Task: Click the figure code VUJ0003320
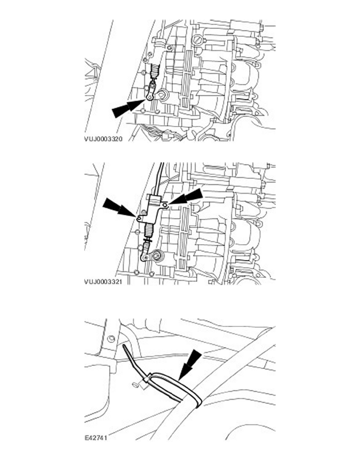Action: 104,139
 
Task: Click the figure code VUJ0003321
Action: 103,281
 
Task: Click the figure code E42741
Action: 96,438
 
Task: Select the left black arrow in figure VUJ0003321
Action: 119,208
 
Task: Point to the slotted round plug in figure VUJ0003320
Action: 198,40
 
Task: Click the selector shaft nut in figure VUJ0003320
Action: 162,95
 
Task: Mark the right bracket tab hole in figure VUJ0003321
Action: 166,204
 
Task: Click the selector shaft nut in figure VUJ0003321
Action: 156,255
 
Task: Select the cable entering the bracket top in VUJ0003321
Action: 158,178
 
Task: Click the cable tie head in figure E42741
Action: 146,379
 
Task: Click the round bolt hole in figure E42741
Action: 112,339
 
